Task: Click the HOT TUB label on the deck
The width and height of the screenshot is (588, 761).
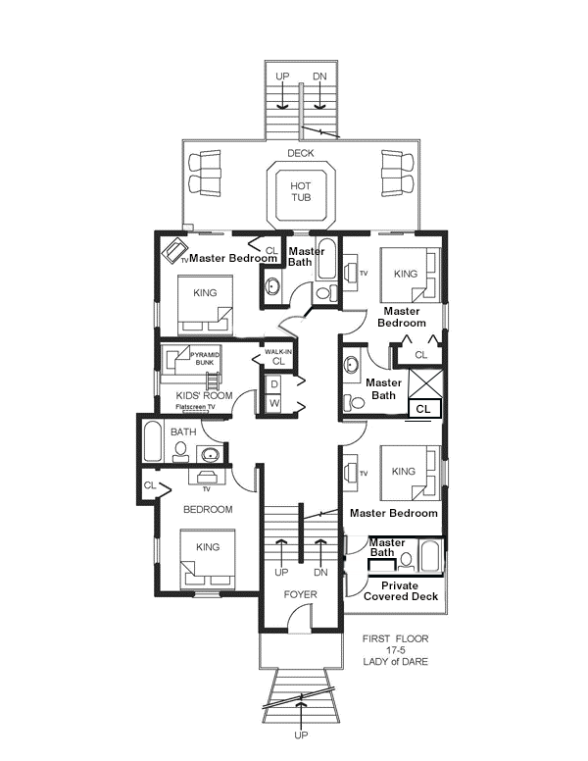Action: click(301, 191)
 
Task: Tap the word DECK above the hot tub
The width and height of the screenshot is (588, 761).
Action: click(301, 153)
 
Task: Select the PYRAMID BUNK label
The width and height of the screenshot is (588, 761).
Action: click(205, 359)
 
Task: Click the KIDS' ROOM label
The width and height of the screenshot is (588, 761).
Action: click(204, 395)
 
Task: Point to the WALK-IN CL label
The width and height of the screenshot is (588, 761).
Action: click(278, 357)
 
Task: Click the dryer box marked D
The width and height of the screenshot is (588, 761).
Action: click(274, 384)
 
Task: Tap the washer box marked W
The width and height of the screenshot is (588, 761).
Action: click(274, 403)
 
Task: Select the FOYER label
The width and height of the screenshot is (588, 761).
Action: click(300, 594)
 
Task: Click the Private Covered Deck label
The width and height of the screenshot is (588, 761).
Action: click(400, 591)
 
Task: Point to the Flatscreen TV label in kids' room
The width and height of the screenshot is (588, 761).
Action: click(195, 407)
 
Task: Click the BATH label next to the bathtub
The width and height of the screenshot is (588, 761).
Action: click(183, 431)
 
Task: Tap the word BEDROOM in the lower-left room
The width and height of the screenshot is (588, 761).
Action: click(208, 510)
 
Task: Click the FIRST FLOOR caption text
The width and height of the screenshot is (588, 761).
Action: click(395, 638)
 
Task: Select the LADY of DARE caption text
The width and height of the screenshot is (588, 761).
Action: click(395, 662)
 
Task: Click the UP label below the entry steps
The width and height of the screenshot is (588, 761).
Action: click(301, 736)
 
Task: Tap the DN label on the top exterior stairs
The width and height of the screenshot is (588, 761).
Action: click(319, 76)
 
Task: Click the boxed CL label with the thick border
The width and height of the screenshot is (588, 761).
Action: click(423, 409)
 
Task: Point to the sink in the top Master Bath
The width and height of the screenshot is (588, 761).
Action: click(272, 286)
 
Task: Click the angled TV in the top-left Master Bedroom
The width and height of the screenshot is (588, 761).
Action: click(174, 250)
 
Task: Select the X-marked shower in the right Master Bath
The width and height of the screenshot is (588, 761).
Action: click(425, 383)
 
